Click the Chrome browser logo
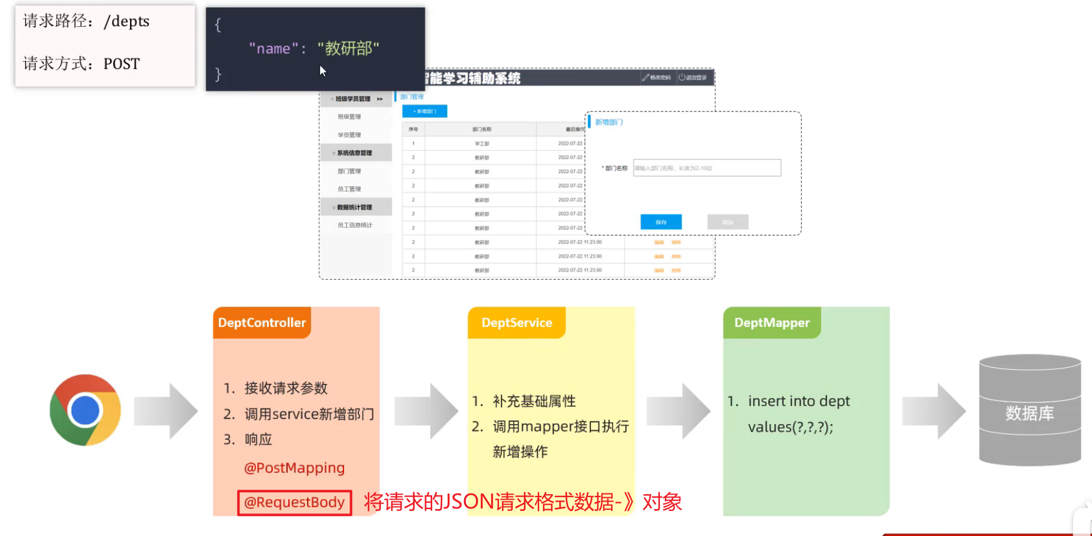pyautogui.click(x=85, y=410)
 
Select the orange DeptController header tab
pyautogui.click(x=262, y=323)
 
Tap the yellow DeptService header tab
pyautogui.click(x=517, y=323)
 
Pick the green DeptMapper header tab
pyautogui.click(x=772, y=323)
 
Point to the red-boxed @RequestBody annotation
pyautogui.click(x=295, y=502)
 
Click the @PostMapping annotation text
pyautogui.click(x=295, y=468)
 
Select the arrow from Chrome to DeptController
pyautogui.click(x=166, y=411)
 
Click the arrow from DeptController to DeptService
pyautogui.click(x=427, y=411)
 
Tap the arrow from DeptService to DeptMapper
pyautogui.click(x=679, y=411)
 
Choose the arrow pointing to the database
pyautogui.click(x=934, y=411)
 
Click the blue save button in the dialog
pyautogui.click(x=661, y=222)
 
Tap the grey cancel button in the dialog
pyautogui.click(x=728, y=222)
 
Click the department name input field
pyautogui.click(x=707, y=168)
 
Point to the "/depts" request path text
pyautogui.click(x=127, y=21)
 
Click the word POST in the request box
pyautogui.click(x=122, y=64)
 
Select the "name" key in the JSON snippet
pyautogui.click(x=273, y=49)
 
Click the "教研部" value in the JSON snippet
pyautogui.click(x=348, y=49)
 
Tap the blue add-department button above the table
pyautogui.click(x=425, y=111)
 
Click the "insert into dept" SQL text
pyautogui.click(x=799, y=401)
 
